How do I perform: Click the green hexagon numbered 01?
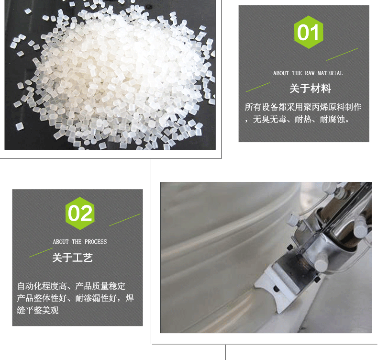tap(309, 32)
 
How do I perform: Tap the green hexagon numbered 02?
tap(80, 214)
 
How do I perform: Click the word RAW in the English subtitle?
tap(310, 73)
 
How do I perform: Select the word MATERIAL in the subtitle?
tap(330, 73)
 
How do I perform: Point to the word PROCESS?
tap(96, 242)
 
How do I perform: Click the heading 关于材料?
tap(310, 88)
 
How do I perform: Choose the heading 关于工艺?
tap(72, 257)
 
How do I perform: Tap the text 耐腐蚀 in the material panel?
tap(333, 119)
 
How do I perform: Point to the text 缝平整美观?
tap(38, 310)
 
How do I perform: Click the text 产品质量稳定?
tap(100, 286)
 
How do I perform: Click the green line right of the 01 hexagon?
tap(342, 55)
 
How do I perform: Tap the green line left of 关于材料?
tap(258, 87)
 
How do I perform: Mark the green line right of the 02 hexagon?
tap(124, 220)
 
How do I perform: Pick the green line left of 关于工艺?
tap(41, 252)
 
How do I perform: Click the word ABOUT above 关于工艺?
tap(61, 242)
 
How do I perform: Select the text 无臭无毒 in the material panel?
tap(269, 119)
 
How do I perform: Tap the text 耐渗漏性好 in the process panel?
tap(96, 298)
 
